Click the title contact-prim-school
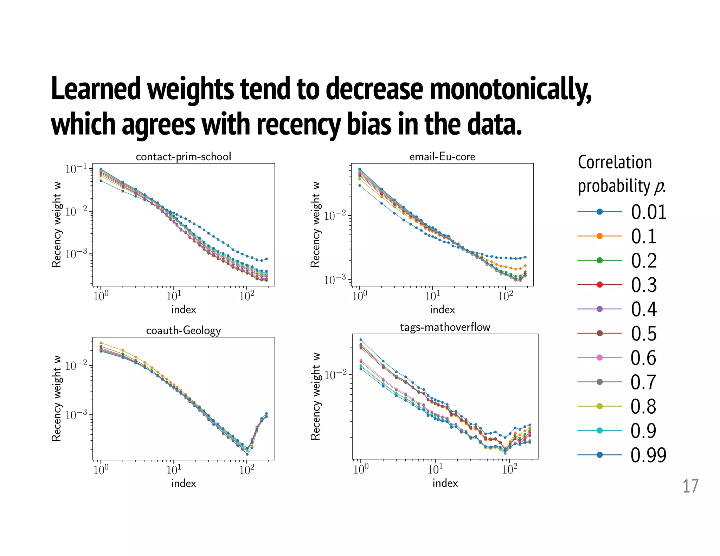[184, 156]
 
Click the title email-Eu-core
[442, 156]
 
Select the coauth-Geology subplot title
[184, 330]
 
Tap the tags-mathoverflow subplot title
[445, 327]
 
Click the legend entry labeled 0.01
[648, 212]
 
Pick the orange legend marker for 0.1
[600, 236]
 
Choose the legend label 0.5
[644, 334]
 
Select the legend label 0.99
[648, 455]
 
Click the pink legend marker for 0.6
[600, 358]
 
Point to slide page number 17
[690, 486]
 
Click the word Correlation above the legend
[615, 162]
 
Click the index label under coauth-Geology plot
[184, 484]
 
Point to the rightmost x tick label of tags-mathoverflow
[509, 469]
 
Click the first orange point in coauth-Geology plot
[101, 343]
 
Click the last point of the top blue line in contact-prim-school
[266, 259]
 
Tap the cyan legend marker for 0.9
[600, 431]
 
